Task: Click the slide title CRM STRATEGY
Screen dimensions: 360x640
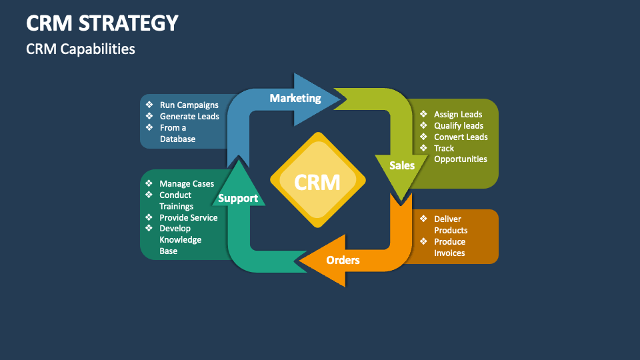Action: [x=102, y=23]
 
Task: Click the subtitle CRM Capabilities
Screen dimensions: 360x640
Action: [x=80, y=49]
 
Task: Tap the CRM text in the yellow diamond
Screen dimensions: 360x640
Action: [x=317, y=181]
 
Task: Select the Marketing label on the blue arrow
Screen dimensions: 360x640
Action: [x=295, y=98]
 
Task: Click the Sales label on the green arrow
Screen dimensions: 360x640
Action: [x=402, y=165]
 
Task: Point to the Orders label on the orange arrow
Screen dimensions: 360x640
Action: [x=343, y=259]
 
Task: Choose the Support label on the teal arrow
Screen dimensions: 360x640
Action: [x=238, y=198]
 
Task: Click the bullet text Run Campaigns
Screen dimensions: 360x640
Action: [x=189, y=105]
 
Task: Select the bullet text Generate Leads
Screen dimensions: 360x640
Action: [x=189, y=116]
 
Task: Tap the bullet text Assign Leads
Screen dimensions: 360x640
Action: [x=458, y=114]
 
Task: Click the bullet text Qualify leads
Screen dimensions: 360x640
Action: [x=459, y=125]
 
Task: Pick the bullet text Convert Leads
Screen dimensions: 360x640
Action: [x=461, y=137]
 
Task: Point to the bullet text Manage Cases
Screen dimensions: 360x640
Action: [x=187, y=183]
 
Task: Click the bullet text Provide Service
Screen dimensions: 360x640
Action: [x=188, y=217]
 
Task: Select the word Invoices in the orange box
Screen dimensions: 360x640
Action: [x=449, y=253]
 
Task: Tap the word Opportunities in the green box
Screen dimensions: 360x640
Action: [x=460, y=159]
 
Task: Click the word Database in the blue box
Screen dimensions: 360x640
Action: [x=177, y=139]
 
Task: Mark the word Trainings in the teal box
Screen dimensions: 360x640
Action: [x=176, y=206]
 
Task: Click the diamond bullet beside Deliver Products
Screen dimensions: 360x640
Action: [x=423, y=219]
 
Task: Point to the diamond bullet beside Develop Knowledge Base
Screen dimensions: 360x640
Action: [x=149, y=228]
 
